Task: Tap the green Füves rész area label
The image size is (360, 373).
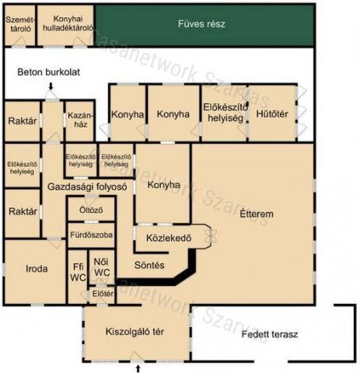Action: pos(201,24)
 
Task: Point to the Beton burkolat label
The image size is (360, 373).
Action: pos(48,72)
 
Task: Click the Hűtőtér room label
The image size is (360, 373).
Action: pos(271,113)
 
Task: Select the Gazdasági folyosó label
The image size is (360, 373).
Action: pos(87,187)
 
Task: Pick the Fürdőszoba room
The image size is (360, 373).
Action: pos(91,235)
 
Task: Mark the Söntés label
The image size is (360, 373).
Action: pos(150,265)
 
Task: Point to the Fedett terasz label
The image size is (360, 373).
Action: pos(270,334)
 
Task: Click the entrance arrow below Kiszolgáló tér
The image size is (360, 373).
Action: pos(138,367)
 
